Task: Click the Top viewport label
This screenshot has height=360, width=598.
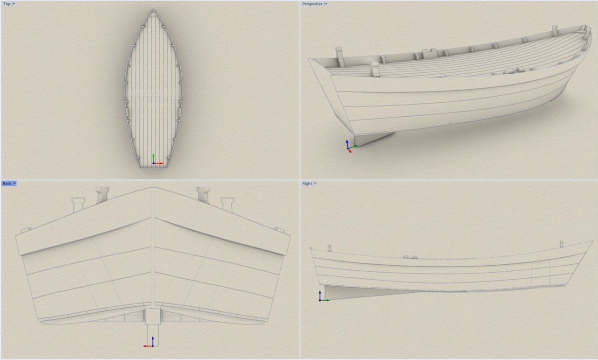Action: tap(7, 4)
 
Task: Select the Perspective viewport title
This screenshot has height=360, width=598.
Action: tap(312, 4)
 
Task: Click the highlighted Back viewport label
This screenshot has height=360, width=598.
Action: tap(7, 184)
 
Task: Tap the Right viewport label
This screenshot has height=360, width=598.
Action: tap(307, 184)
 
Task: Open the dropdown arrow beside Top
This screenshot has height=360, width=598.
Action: tap(14, 4)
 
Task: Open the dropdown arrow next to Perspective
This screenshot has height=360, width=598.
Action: tap(326, 4)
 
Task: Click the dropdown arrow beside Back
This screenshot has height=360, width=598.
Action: tap(14, 184)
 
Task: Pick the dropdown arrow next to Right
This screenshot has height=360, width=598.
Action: tap(315, 184)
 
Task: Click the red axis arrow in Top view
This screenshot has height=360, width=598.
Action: tap(158, 163)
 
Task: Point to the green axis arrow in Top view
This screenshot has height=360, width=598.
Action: tap(153, 158)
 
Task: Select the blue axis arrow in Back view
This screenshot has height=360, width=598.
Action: tap(153, 341)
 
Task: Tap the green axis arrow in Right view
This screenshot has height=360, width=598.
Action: tap(325, 300)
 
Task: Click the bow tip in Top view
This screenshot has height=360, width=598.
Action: tap(153, 10)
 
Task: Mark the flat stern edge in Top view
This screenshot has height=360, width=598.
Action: tap(154, 168)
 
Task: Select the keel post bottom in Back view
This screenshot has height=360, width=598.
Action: tap(153, 346)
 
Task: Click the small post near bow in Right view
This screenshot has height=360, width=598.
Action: tap(562, 244)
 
